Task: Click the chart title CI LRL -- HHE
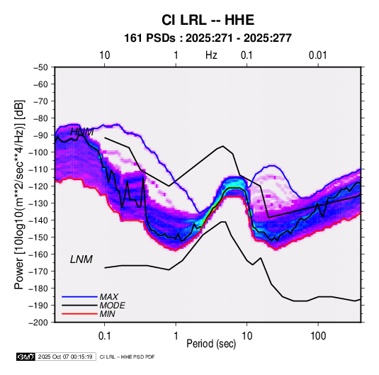pyautogui.click(x=208, y=20)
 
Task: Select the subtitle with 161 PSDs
pyautogui.click(x=208, y=38)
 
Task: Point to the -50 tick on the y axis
pyautogui.click(x=40, y=67)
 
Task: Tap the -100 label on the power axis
pyautogui.click(x=39, y=152)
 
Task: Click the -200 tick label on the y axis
pyautogui.click(x=39, y=323)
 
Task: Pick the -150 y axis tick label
pyautogui.click(x=39, y=237)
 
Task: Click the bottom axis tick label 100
pyautogui.click(x=318, y=336)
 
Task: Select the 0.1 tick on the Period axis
pyautogui.click(x=104, y=336)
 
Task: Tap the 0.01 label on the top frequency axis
pyautogui.click(x=318, y=55)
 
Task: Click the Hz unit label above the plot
pyautogui.click(x=211, y=55)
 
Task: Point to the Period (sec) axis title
pyautogui.click(x=211, y=344)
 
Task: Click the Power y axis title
pyautogui.click(x=19, y=195)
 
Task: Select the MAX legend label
pyautogui.click(x=109, y=297)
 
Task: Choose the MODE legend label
pyautogui.click(x=113, y=306)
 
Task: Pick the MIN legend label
pyautogui.click(x=107, y=314)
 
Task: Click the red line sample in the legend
pyautogui.click(x=79, y=314)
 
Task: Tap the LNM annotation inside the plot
pyautogui.click(x=81, y=259)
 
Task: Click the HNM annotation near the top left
pyautogui.click(x=82, y=132)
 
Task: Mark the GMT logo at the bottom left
pyautogui.click(x=26, y=357)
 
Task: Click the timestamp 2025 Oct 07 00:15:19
pyautogui.click(x=65, y=357)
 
